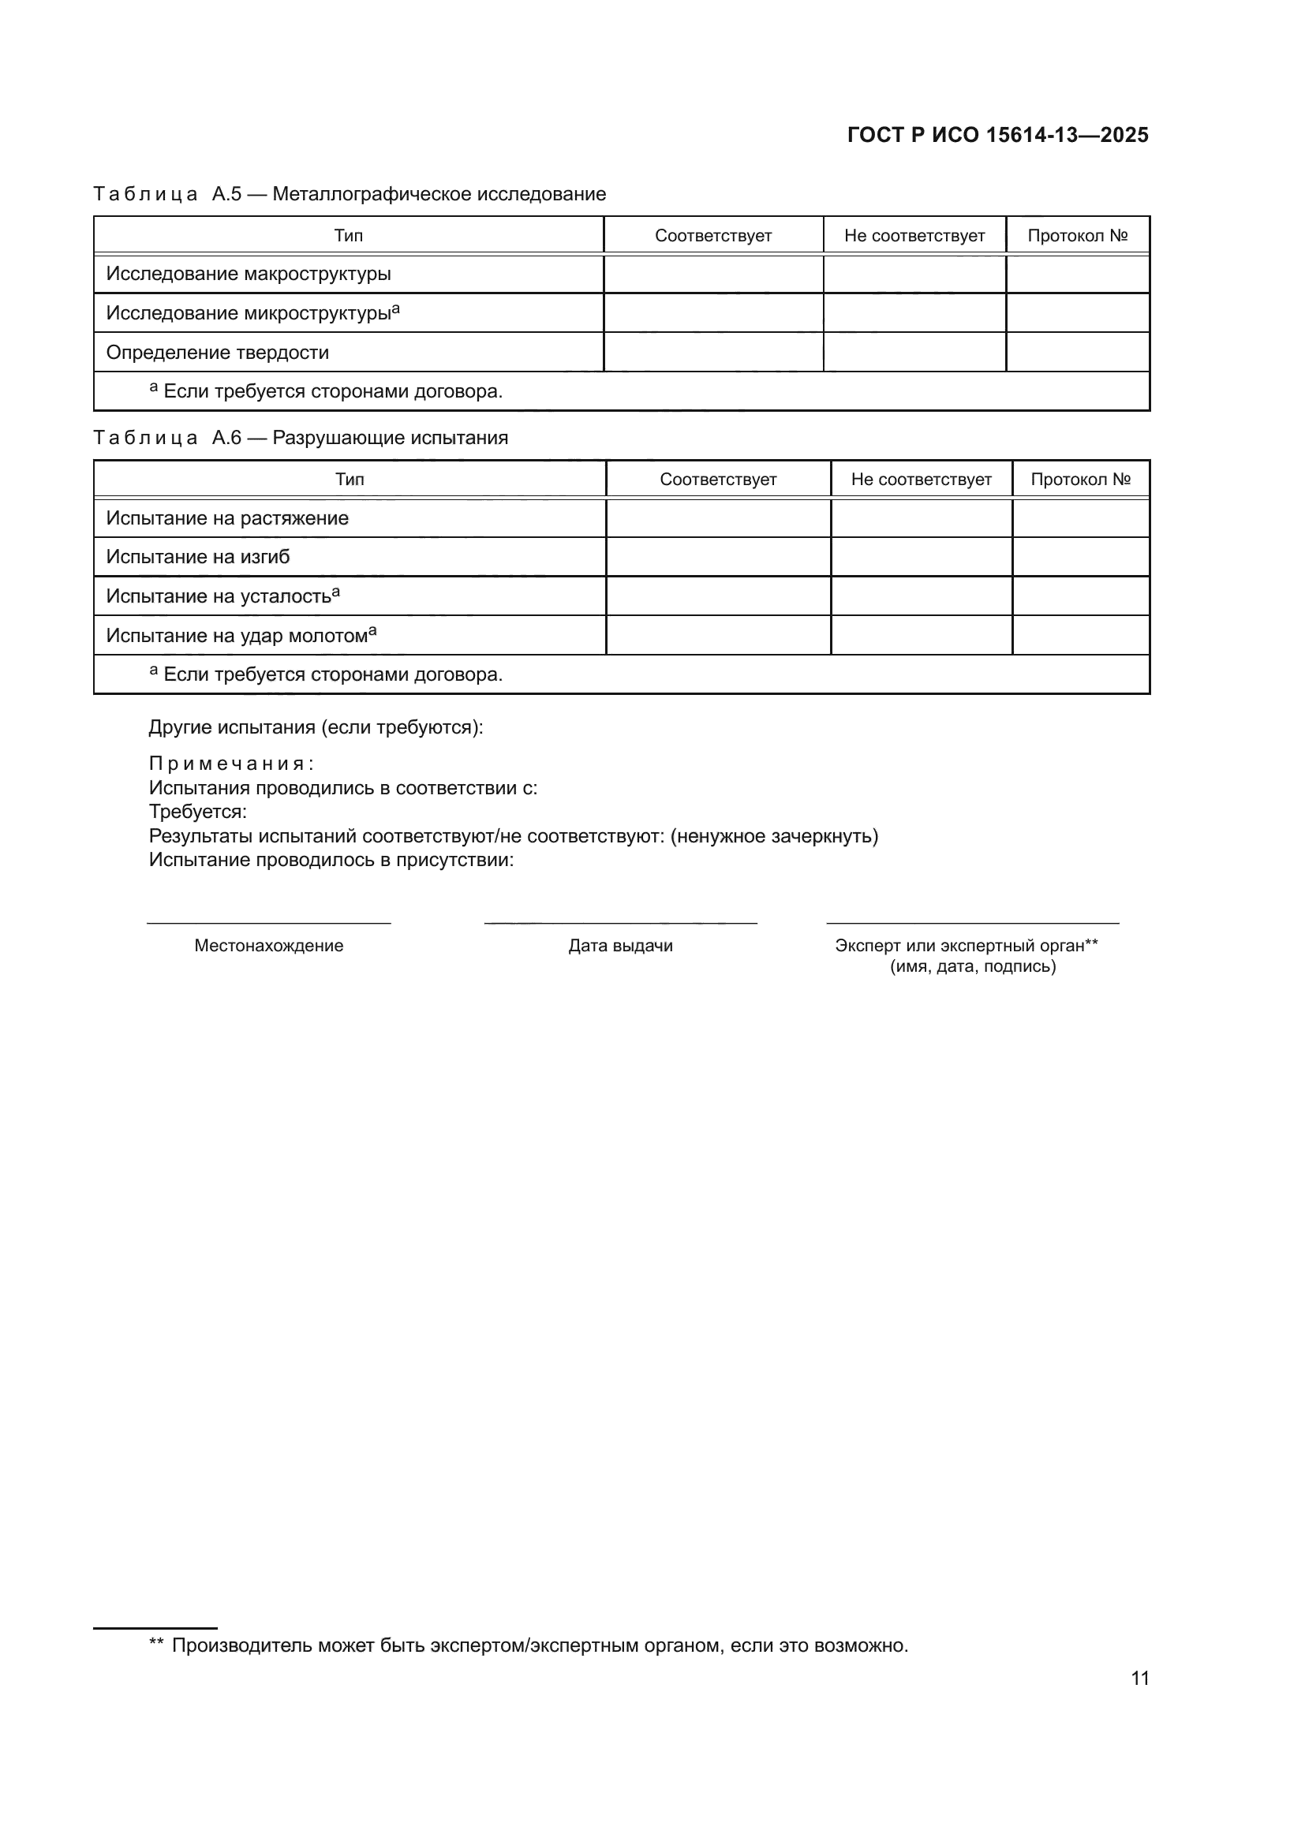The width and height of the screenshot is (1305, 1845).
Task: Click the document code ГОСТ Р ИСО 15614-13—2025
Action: click(997, 135)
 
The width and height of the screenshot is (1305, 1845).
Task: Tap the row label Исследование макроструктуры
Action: click(249, 274)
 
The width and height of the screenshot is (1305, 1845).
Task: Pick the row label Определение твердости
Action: click(217, 353)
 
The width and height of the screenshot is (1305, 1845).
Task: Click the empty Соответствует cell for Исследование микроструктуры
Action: click(712, 312)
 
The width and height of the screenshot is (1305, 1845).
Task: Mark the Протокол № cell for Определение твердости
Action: click(1077, 353)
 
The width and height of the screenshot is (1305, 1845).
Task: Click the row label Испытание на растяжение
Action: click(227, 518)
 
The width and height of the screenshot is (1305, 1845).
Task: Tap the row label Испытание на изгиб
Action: click(198, 557)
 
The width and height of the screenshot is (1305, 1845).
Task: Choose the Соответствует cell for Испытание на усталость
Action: click(717, 596)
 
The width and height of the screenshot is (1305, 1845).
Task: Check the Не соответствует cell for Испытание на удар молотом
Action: click(921, 636)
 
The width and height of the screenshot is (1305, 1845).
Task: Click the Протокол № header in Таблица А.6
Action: click(1080, 480)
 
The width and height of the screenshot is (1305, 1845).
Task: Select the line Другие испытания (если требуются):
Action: click(316, 727)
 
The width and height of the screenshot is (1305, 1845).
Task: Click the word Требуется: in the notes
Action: click(198, 812)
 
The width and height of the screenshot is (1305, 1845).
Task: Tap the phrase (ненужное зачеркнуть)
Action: click(775, 835)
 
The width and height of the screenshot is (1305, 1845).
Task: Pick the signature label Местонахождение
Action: click(268, 946)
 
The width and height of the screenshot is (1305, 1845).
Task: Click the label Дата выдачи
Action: click(620, 946)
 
